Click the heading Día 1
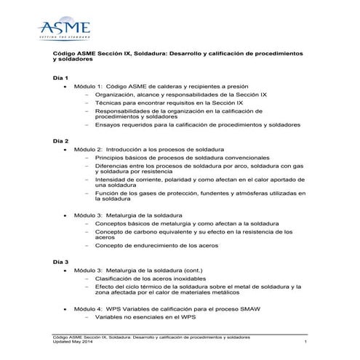(x=61, y=77)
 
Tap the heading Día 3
(x=61, y=260)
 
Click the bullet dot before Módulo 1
(x=68, y=86)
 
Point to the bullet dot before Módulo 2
(x=68, y=148)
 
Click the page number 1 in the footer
(x=306, y=343)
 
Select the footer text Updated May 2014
(x=77, y=343)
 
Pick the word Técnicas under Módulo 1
(x=111, y=105)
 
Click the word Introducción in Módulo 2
(x=133, y=148)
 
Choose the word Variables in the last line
(x=112, y=319)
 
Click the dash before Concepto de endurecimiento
(x=87, y=246)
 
